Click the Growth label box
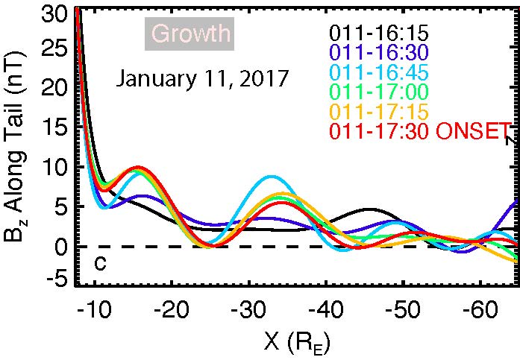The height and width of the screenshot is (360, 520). click(x=189, y=35)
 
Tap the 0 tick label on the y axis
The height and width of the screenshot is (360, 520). click(x=63, y=244)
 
